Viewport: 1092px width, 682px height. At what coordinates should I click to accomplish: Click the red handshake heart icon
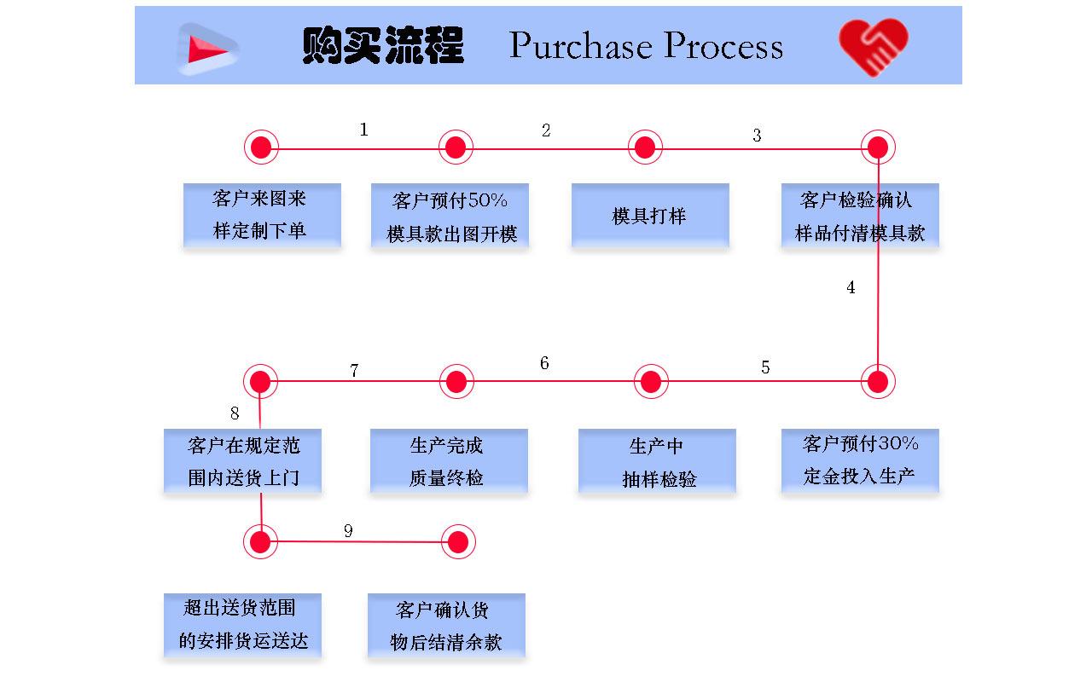[x=873, y=46]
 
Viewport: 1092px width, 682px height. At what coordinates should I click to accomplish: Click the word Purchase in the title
[x=581, y=46]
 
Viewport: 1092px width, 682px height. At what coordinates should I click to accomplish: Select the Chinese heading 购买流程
[x=383, y=46]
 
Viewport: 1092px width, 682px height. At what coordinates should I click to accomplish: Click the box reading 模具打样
[x=650, y=216]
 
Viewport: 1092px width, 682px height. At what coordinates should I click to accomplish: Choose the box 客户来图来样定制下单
[x=262, y=216]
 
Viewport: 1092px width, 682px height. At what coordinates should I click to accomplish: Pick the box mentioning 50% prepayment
[x=450, y=217]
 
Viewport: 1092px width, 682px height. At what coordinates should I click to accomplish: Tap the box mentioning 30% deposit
[x=860, y=460]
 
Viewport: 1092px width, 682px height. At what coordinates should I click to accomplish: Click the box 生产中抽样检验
[x=657, y=461]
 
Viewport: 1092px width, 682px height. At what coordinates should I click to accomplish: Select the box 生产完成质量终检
[x=449, y=461]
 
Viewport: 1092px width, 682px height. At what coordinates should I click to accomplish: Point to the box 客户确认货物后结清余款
[x=446, y=627]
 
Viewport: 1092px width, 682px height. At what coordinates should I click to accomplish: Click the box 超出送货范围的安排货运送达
[x=242, y=626]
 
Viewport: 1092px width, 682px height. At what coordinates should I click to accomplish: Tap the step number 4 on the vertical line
[x=851, y=288]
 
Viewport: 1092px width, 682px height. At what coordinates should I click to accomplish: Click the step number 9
[x=348, y=531]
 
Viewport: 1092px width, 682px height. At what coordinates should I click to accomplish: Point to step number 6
[x=544, y=364]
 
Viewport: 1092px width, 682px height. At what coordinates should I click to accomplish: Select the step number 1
[x=364, y=130]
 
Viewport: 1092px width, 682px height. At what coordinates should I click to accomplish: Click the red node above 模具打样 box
[x=645, y=147]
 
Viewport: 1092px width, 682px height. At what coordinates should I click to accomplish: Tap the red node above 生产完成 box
[x=456, y=381]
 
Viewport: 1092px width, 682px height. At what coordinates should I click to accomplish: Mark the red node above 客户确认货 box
[x=458, y=541]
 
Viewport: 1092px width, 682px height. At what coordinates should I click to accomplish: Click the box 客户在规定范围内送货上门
[x=242, y=461]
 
